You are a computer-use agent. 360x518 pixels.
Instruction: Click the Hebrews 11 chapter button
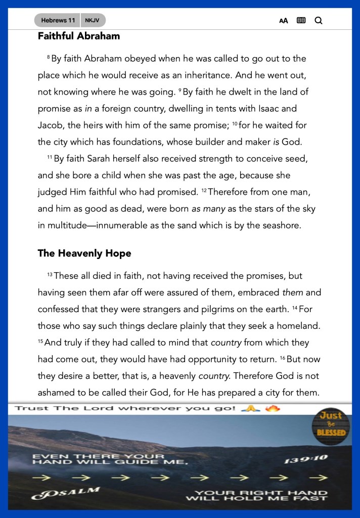tap(58, 21)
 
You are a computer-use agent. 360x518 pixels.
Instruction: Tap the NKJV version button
tap(93, 21)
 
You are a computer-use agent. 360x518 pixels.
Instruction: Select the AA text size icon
tap(284, 21)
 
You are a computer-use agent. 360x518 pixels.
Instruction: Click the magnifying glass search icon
tap(319, 21)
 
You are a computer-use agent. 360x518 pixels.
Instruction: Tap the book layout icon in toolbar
tap(301, 21)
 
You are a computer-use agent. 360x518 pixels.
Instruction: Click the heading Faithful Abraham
tap(79, 36)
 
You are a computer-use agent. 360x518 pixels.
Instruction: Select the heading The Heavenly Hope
tap(84, 253)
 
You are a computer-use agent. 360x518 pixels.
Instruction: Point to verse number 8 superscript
tap(49, 58)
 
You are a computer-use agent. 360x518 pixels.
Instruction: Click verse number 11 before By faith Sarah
tap(50, 158)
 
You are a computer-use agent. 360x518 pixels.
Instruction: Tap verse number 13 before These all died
tap(50, 275)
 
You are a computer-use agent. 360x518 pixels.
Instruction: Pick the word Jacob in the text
tap(50, 125)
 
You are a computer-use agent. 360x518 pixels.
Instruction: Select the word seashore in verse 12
tap(281, 225)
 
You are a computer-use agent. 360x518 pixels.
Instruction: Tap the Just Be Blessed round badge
tap(331, 424)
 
